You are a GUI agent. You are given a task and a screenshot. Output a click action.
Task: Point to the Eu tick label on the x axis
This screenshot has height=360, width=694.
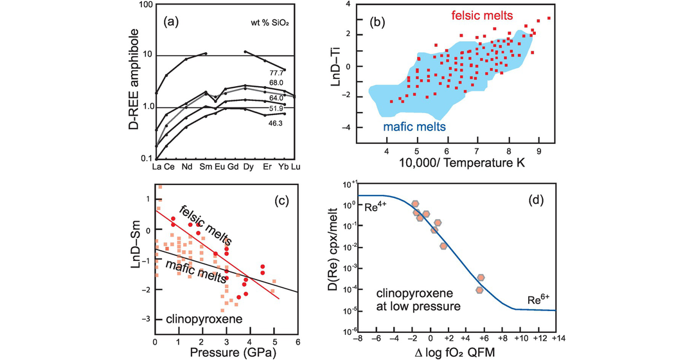click(x=218, y=168)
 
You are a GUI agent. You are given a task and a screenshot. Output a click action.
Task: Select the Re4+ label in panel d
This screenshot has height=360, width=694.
click(x=376, y=209)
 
